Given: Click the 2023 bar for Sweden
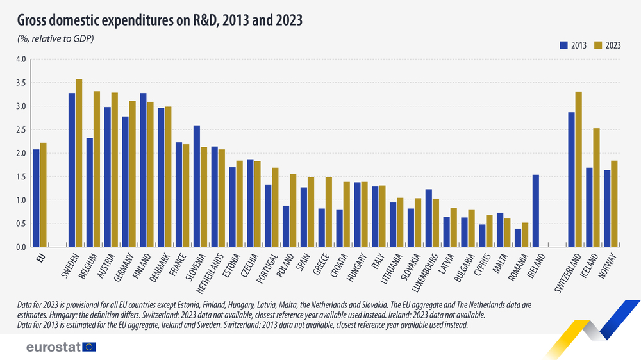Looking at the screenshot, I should pyautogui.click(x=79, y=163).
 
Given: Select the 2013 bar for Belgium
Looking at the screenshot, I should pyautogui.click(x=90, y=192).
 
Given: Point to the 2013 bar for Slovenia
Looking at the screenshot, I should pyautogui.click(x=197, y=186).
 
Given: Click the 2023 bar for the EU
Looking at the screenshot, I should pyautogui.click(x=44, y=195).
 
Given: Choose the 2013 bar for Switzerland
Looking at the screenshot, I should pyautogui.click(x=571, y=179).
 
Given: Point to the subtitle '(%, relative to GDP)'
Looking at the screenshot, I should pyautogui.click(x=55, y=40).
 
